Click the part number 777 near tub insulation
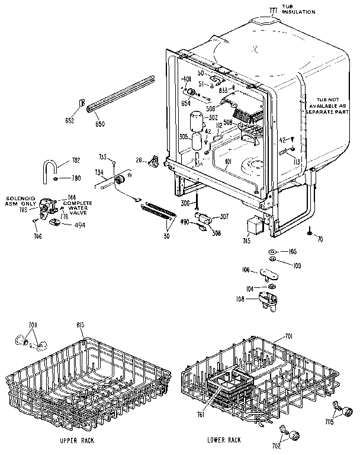pos(273,10)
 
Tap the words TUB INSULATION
pos(298,9)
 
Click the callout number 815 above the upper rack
pos(81,325)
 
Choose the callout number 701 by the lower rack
pos(289,336)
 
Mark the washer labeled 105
pos(272,251)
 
